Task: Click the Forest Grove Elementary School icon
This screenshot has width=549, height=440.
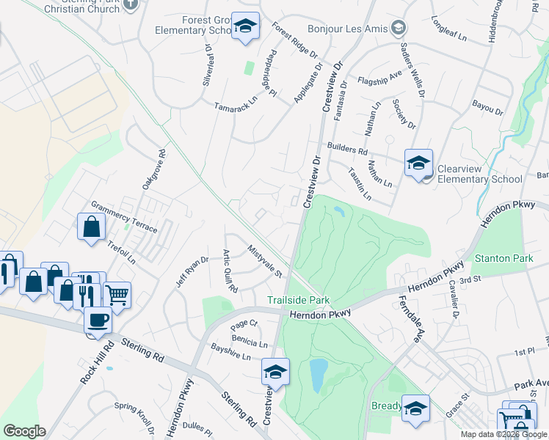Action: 245,27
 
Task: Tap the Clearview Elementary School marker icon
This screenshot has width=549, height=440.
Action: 418,164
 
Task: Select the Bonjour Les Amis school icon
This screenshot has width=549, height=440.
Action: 399,28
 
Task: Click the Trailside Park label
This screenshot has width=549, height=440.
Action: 298,300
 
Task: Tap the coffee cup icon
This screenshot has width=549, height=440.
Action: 98,320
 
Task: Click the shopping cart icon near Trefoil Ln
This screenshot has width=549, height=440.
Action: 116,295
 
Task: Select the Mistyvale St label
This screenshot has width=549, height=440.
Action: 265,262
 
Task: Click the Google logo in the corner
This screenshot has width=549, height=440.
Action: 24,431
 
